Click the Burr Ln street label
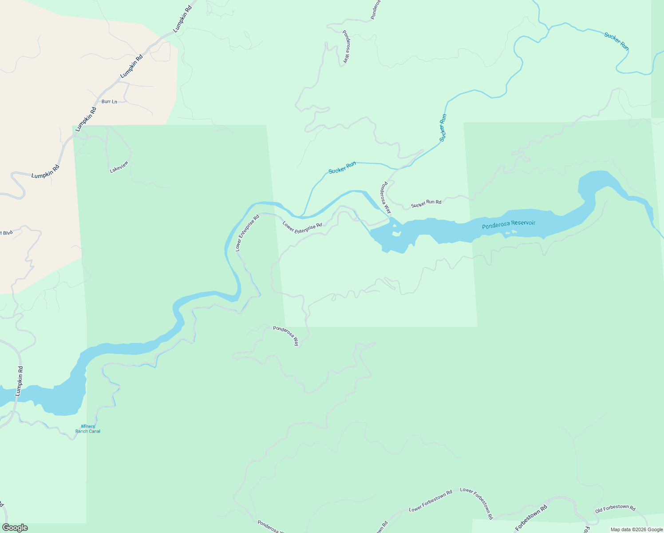point(109,102)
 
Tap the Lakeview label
point(119,167)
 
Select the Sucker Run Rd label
point(426,203)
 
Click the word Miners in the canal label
point(88,426)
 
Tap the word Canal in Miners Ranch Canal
point(94,431)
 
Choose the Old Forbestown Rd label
point(615,509)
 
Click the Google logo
point(15,528)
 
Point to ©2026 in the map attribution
point(640,529)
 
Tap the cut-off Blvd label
point(6,233)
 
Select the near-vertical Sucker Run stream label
point(443,128)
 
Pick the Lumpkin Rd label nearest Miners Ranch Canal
point(19,381)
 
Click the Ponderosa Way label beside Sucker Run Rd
point(384,198)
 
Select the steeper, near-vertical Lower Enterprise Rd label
point(247,234)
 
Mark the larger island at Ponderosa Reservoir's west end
point(396,233)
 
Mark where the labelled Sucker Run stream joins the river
point(302,216)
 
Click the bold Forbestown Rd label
point(531,517)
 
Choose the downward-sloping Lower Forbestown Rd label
point(477,502)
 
